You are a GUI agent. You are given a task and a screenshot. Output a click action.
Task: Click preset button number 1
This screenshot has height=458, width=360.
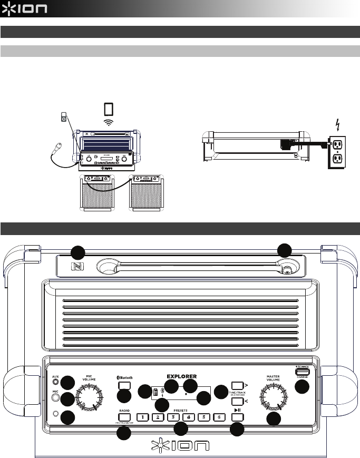point(142,418)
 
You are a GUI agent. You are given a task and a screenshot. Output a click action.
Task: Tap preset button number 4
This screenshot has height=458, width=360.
point(188,418)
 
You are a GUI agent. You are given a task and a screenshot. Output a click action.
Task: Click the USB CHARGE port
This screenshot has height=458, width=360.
point(302,371)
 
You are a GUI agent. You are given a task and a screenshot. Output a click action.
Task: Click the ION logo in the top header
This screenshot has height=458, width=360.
point(25,9)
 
